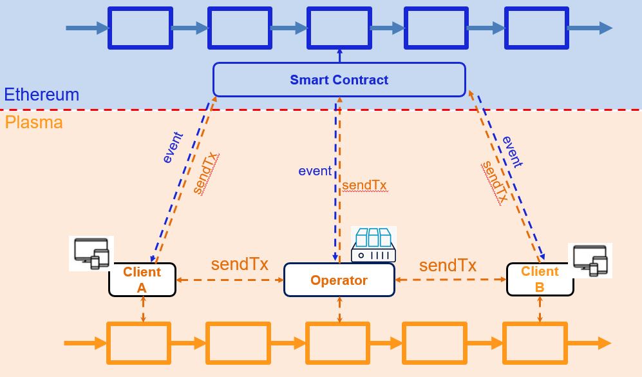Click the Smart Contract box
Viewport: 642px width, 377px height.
[339, 80]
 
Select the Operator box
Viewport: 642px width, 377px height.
[339, 280]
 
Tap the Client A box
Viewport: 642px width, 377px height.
[142, 280]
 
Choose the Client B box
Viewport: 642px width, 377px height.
[540, 280]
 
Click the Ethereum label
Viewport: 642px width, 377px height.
[41, 95]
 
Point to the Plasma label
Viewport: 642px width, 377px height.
[34, 122]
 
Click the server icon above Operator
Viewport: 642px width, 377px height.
[373, 245]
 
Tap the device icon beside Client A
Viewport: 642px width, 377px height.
[91, 253]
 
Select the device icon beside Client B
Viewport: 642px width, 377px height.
[590, 260]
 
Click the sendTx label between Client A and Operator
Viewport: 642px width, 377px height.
[240, 264]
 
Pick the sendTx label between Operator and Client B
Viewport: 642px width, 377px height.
[448, 266]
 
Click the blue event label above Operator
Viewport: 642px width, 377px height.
[315, 171]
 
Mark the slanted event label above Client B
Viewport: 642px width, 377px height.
[513, 151]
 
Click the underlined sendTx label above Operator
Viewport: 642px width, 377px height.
[364, 186]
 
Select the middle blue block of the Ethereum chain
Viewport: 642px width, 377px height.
[339, 28]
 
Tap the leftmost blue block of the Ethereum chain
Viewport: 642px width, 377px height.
[140, 28]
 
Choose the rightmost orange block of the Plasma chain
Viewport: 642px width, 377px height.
[535, 343]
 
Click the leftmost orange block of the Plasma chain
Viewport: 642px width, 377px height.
[138, 343]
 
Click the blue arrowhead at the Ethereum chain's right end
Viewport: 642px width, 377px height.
[605, 28]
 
